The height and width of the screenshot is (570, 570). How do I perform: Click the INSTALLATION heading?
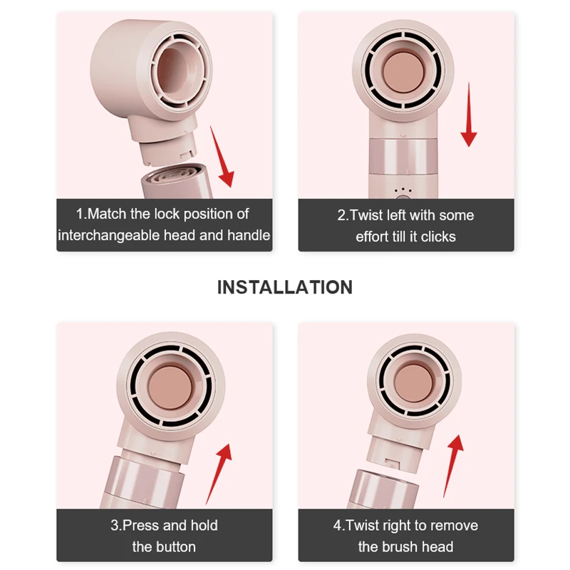tap(284, 287)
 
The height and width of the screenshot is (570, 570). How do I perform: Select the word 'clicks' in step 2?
tap(437, 237)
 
